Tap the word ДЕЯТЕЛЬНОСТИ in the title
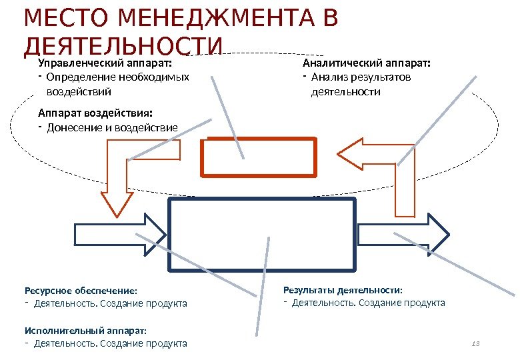click(x=122, y=45)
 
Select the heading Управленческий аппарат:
click(x=105, y=63)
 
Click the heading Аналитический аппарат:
click(x=367, y=63)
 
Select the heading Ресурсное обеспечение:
click(x=81, y=291)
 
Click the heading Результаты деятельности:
click(x=343, y=290)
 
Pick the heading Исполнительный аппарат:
click(x=85, y=330)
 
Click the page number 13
click(x=475, y=343)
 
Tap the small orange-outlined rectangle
click(x=259, y=156)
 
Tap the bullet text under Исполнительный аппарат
click(x=110, y=344)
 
